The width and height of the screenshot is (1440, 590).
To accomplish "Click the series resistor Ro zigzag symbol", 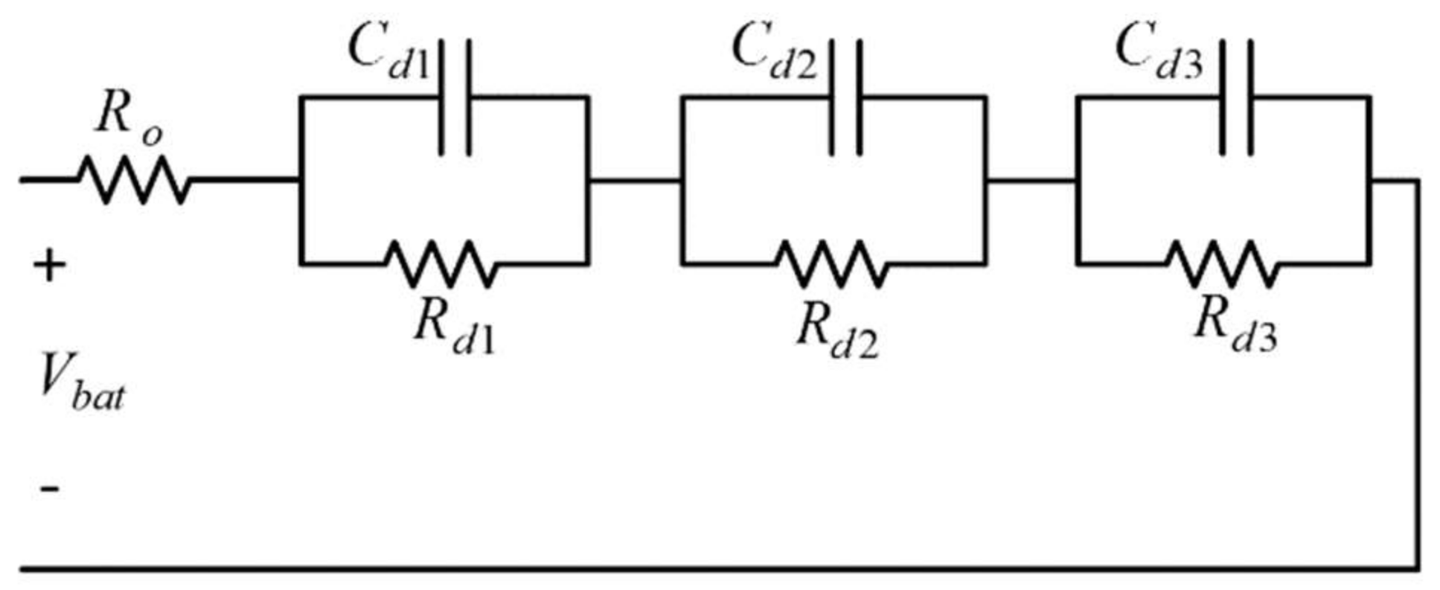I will [134, 180].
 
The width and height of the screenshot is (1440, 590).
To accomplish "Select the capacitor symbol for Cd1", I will [455, 97].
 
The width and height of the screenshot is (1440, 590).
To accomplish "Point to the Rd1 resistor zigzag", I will [440, 263].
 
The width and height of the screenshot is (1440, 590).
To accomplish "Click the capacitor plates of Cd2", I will [846, 97].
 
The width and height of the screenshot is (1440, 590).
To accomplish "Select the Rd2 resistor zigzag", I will [831, 263].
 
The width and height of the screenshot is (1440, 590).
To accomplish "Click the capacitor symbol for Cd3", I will [1236, 97].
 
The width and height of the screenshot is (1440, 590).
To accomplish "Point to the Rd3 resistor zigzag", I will [1221, 263].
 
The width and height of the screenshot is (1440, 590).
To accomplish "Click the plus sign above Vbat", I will [49, 266].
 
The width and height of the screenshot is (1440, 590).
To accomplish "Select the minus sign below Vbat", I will [49, 489].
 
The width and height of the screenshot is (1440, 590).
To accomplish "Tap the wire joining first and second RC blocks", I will [635, 180].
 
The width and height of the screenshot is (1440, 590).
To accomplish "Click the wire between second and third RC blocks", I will [1031, 180].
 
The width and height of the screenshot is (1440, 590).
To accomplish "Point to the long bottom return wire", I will [714, 569].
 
